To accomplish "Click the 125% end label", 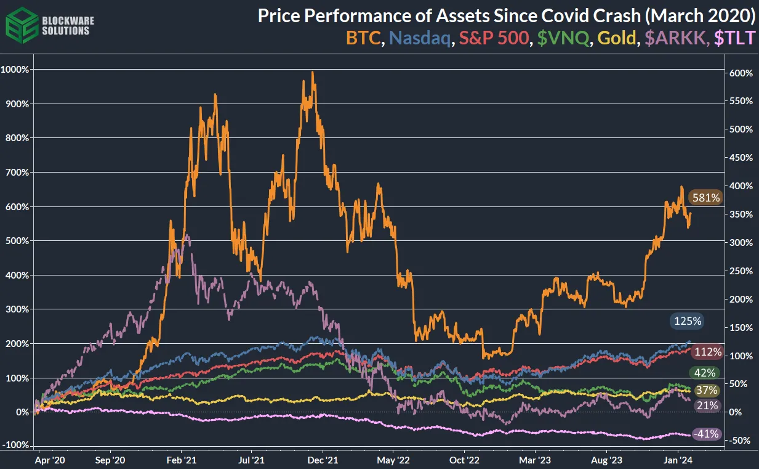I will tap(687, 320).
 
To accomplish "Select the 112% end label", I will tap(707, 352).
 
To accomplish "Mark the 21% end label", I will tap(706, 405).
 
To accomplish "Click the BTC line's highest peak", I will tap(313, 72).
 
